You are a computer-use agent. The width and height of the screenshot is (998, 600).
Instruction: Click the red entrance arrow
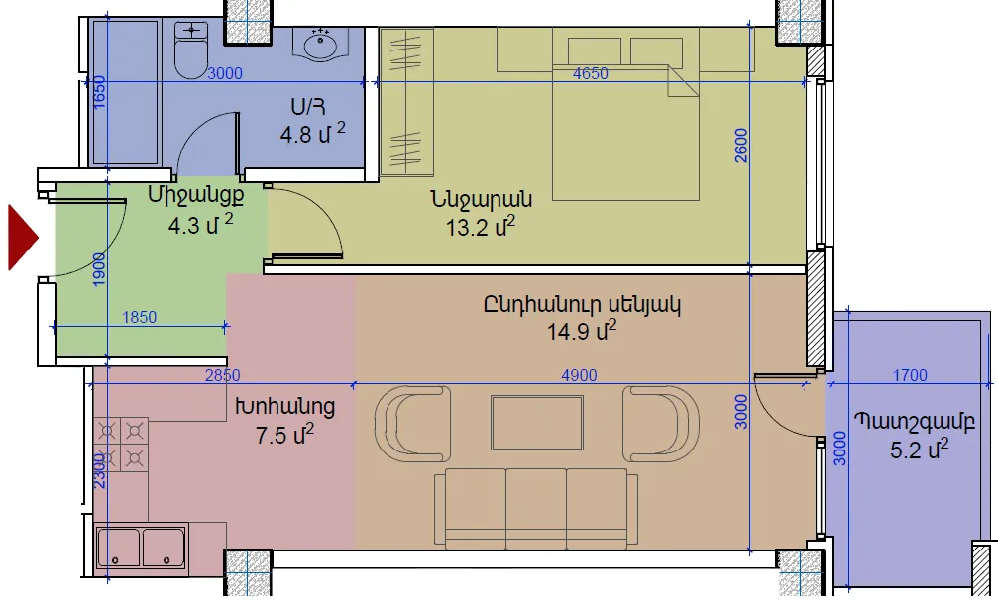[22, 238]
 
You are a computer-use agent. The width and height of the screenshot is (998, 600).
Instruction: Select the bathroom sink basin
[320, 46]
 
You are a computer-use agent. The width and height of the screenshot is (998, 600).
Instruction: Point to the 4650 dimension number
[590, 73]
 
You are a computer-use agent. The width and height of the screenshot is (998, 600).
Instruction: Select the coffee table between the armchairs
[536, 423]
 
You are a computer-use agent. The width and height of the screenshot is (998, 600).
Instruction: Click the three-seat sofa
[536, 509]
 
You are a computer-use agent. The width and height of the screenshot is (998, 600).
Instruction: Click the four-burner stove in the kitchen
[120, 445]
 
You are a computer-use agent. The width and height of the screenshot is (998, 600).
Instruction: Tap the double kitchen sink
[142, 547]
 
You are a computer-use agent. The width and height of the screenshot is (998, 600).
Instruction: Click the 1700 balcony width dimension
[910, 375]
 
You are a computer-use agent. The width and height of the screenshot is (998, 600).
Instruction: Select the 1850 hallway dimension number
[139, 317]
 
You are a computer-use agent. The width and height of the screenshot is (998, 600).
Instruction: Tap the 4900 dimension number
[579, 375]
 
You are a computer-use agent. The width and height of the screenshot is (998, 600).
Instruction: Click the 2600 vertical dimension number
[741, 146]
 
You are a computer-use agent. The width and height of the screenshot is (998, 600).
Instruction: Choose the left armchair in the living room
[413, 424]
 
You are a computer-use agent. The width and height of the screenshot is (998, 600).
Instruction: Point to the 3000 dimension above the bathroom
[225, 73]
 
